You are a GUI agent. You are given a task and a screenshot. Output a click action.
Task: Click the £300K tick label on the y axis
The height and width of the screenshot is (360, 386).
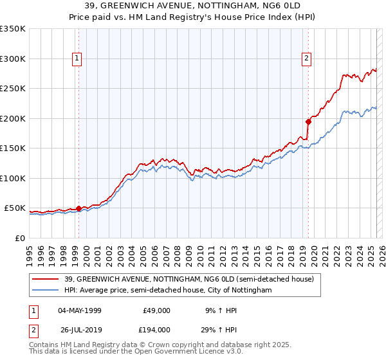click(13, 59)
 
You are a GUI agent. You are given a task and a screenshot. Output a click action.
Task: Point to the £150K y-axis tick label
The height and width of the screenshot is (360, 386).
click(13, 148)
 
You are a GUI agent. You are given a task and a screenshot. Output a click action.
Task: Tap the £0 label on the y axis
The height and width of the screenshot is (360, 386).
click(20, 238)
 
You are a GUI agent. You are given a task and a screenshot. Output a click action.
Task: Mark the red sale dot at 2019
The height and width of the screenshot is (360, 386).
click(308, 121)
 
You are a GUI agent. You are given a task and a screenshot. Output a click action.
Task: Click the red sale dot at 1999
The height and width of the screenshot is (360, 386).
click(78, 208)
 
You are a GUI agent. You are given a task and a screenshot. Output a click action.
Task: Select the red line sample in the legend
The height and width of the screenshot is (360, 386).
click(46, 279)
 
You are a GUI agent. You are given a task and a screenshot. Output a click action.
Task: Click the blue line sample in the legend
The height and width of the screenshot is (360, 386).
click(46, 291)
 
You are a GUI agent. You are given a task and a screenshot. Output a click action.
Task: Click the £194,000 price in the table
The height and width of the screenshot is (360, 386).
click(154, 329)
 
